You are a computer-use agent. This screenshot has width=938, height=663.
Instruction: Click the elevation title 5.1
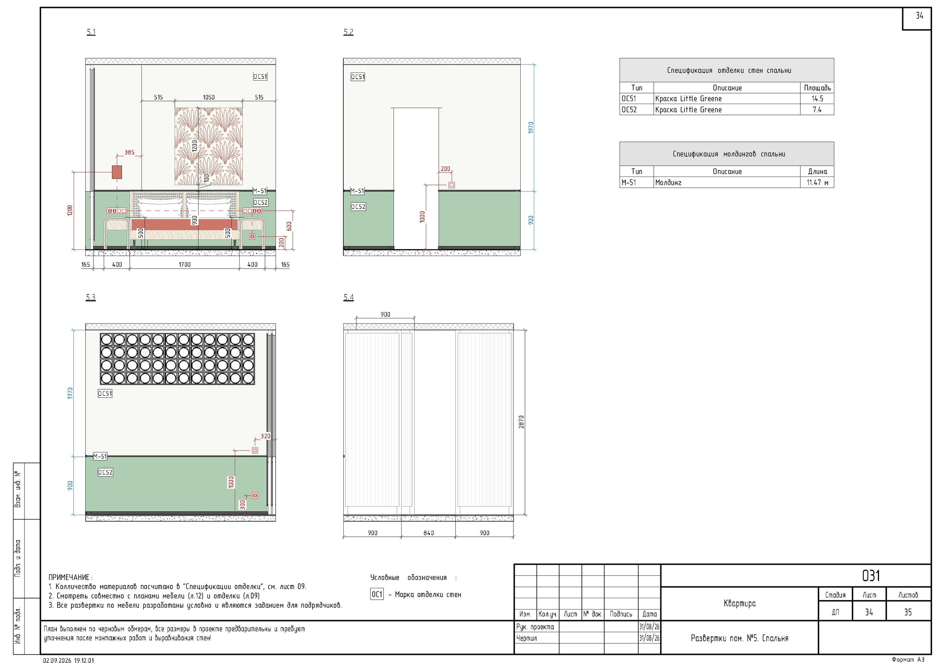click(x=91, y=32)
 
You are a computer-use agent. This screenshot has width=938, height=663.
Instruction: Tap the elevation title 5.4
click(x=348, y=297)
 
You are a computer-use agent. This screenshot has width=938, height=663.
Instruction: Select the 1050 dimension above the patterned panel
click(x=209, y=97)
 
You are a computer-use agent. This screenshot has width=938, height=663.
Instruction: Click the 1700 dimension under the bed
click(x=185, y=264)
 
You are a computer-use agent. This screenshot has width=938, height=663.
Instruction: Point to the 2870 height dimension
click(x=521, y=422)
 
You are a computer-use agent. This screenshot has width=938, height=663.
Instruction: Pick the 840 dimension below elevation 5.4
click(x=429, y=533)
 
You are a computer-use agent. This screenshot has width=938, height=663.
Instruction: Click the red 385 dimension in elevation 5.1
click(x=129, y=152)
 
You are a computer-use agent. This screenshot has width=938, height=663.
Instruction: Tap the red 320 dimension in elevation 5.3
click(x=266, y=436)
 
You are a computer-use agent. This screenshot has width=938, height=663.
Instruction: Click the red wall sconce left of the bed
click(x=117, y=172)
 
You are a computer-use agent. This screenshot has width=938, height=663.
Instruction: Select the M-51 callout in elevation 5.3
click(x=100, y=456)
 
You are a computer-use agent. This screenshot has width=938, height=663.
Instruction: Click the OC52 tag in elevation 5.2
click(x=358, y=207)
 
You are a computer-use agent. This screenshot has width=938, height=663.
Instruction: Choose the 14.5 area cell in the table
click(x=817, y=99)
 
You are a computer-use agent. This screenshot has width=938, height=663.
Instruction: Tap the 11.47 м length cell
click(x=817, y=183)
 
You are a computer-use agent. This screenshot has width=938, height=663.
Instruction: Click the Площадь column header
click(x=817, y=88)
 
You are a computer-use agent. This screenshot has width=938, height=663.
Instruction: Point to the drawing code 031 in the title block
click(x=871, y=575)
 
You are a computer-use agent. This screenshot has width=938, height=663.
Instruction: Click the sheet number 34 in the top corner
click(x=919, y=15)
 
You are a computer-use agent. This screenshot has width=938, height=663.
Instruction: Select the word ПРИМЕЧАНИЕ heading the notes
click(x=69, y=577)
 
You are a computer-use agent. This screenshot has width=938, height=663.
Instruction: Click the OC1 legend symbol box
click(x=377, y=595)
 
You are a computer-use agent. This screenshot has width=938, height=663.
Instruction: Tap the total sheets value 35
click(x=908, y=612)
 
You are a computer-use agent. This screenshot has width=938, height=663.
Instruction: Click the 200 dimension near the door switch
click(x=445, y=169)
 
